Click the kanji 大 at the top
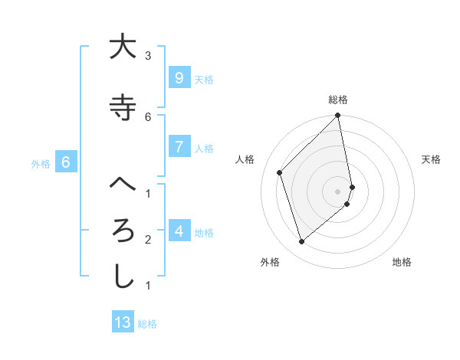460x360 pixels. point(123,47)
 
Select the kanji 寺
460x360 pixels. point(123,108)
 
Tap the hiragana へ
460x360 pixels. point(123,185)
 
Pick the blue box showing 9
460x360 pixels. point(179,77)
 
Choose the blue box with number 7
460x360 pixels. point(179,147)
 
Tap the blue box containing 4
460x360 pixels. point(179,231)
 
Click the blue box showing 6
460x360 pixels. point(66,162)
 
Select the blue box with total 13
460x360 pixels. point(123,322)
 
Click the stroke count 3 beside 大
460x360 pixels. point(148,56)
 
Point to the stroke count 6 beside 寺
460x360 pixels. point(148,116)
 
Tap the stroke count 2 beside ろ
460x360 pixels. point(148,240)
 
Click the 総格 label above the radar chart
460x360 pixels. point(338,100)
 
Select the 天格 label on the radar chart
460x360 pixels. point(432,159)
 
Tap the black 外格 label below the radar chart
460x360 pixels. point(270,262)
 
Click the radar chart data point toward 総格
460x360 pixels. point(338,116)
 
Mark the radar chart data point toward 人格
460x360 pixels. point(280,172)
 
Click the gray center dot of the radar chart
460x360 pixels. point(338,191)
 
